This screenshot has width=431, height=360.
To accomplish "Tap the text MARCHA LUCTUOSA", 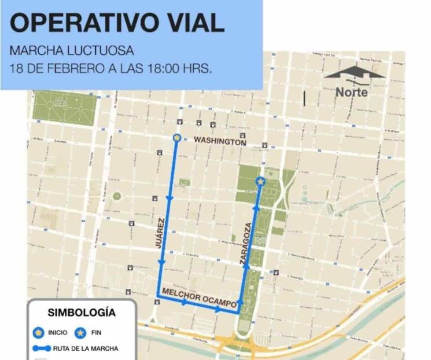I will click(72, 50).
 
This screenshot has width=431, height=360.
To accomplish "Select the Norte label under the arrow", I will click(351, 91).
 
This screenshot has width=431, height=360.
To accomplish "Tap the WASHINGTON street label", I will click(220, 141).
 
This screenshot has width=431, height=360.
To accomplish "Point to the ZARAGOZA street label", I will click(245, 243).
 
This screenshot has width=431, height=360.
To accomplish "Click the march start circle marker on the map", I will click(177, 138).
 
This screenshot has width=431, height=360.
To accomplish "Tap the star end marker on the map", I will click(260, 182).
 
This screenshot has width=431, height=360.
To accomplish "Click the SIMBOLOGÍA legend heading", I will click(82, 313).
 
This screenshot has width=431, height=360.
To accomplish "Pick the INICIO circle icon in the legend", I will click(39, 333).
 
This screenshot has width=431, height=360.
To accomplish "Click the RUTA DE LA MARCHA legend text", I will click(86, 348).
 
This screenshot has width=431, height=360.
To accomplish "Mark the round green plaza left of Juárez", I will click(117, 196).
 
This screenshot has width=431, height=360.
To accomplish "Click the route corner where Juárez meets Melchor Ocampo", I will click(158, 296).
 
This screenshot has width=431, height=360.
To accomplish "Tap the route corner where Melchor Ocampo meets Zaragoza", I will click(238, 313).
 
